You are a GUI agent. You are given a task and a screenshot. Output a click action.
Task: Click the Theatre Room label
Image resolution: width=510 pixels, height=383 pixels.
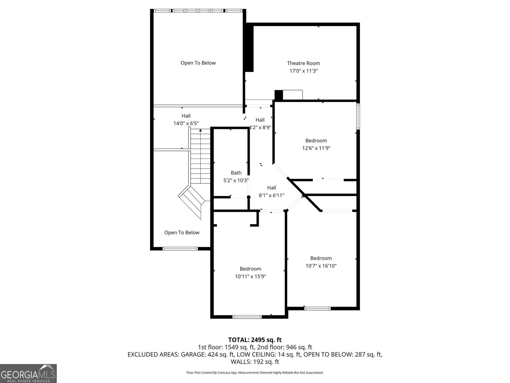tap(303, 63)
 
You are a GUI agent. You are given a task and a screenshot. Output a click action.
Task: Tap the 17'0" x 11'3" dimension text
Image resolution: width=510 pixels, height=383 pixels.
tap(303, 71)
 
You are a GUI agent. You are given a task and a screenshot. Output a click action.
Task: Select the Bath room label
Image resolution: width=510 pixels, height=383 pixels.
tap(236, 173)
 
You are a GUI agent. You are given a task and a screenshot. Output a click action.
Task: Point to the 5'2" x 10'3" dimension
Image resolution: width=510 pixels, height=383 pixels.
tap(236, 180)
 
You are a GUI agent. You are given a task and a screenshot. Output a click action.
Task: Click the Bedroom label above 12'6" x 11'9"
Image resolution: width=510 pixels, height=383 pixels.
tap(316, 140)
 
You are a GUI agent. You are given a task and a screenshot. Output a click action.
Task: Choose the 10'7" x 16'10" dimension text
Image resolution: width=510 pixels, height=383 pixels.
tap(321, 266)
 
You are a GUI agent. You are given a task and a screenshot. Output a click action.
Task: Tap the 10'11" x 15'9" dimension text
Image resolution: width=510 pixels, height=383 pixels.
tap(250, 276)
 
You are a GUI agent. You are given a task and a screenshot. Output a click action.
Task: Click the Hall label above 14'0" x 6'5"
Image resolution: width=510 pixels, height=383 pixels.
tap(186, 116)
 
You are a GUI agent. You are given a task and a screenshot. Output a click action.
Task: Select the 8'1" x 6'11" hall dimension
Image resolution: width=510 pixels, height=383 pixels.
tap(271, 195)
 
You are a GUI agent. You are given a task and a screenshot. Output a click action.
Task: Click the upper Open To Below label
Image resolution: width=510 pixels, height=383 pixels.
tap(198, 63)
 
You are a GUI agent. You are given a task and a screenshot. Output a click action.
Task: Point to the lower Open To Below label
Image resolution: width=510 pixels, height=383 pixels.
tap(182, 233)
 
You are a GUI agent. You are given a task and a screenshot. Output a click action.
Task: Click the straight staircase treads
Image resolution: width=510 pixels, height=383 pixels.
tap(200, 156)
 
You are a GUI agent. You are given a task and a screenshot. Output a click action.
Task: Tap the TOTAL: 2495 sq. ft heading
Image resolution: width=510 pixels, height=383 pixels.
tap(255, 340)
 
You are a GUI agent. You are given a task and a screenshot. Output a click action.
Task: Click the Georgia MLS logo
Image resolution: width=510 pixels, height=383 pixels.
tap(28, 373)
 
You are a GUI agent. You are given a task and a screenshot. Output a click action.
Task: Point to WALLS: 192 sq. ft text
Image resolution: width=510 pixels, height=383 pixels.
tap(255, 362)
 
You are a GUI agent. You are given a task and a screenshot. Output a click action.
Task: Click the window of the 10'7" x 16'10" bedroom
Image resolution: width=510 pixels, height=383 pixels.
tap(317, 309)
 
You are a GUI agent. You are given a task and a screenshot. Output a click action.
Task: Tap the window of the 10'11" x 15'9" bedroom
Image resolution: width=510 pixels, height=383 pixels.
tap(247, 317)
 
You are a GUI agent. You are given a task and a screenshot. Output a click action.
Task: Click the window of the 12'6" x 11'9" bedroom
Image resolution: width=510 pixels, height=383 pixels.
tap(358, 116)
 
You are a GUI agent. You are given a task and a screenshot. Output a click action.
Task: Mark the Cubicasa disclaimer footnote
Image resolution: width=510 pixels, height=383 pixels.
tap(255, 372)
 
